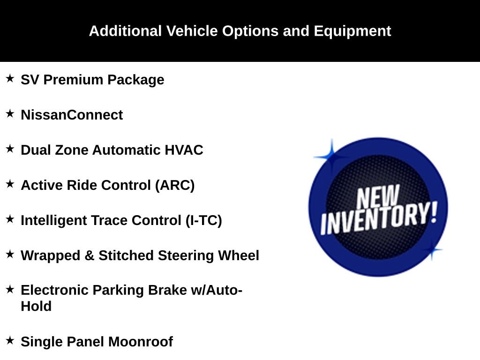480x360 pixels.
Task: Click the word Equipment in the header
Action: [x=352, y=31]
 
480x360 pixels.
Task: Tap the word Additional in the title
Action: [x=125, y=31]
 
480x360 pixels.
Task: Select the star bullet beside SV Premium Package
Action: [x=10, y=78]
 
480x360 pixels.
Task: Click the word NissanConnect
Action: [x=72, y=115]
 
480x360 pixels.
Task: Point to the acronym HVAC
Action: [x=184, y=150]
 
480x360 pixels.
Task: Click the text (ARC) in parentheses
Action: [x=175, y=186]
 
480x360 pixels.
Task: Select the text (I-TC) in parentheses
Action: [x=203, y=221]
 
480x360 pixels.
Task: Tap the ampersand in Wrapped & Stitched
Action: [x=89, y=255]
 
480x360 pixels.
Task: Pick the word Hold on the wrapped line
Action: [x=36, y=306]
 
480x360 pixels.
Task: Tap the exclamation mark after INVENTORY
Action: [x=434, y=212]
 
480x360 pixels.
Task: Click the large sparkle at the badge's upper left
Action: [x=331, y=157]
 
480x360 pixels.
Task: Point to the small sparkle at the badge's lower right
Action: [x=432, y=250]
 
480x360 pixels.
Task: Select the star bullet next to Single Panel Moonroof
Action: [x=10, y=340]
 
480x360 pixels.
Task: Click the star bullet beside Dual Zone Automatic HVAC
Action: [x=10, y=149]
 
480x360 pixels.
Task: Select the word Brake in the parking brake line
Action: [x=167, y=290]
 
